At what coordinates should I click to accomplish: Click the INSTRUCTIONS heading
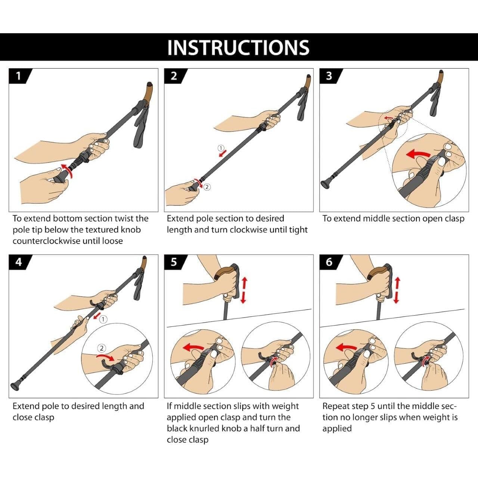(238, 47)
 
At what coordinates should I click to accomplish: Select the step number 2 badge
(174, 76)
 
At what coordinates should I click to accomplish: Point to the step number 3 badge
(329, 76)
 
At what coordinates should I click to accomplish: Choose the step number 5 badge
(174, 262)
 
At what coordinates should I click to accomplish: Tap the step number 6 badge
(329, 262)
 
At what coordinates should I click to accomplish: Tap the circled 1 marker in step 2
(221, 148)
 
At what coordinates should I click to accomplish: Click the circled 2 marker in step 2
(207, 187)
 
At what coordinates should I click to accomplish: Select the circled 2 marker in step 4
(102, 348)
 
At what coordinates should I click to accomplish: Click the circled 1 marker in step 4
(103, 319)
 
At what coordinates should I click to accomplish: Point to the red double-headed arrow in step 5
(244, 290)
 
